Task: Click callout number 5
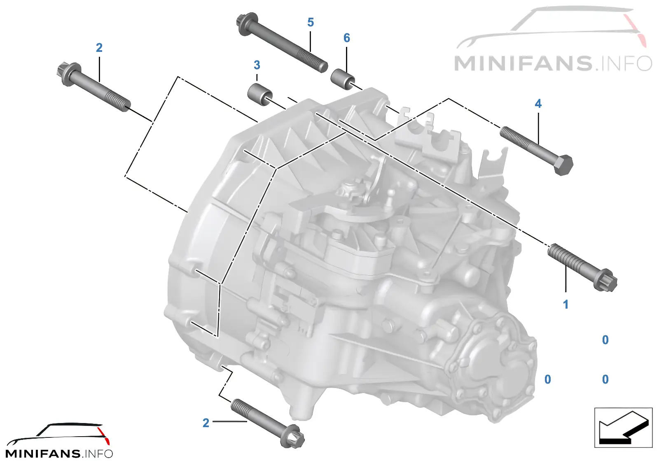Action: (x=311, y=22)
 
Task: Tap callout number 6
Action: (x=346, y=38)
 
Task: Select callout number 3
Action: (x=257, y=65)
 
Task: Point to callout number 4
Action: (x=538, y=103)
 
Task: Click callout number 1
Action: (x=566, y=304)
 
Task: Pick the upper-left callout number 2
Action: (x=99, y=48)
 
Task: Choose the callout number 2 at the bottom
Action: (x=206, y=423)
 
